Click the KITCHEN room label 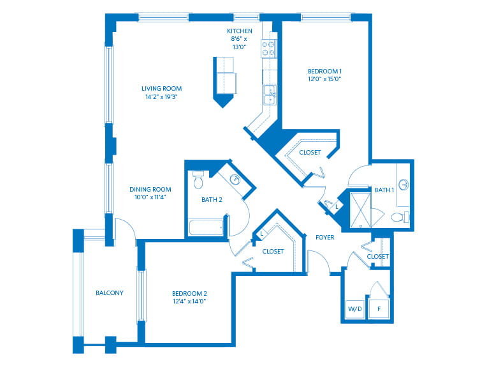point(240,31)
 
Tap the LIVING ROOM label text point(161,89)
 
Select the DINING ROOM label point(150,189)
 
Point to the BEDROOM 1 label point(324,72)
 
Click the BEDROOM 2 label point(189,293)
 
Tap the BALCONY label point(110,293)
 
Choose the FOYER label point(325,238)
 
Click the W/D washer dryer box point(355,309)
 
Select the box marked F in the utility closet point(379,309)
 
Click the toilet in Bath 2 point(198,180)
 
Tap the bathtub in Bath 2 point(207,227)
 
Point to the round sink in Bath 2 point(235,179)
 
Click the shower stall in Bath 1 point(361,210)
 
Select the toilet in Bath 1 point(400,217)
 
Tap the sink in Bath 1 point(403,185)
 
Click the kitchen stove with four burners point(268,49)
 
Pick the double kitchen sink point(270,95)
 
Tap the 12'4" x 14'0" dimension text point(189,301)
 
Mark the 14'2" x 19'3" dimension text point(161,97)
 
